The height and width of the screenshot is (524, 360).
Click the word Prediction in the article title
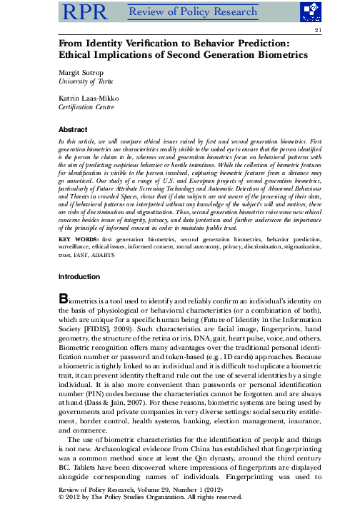[x=258, y=44]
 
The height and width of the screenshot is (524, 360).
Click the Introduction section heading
[x=79, y=276]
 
